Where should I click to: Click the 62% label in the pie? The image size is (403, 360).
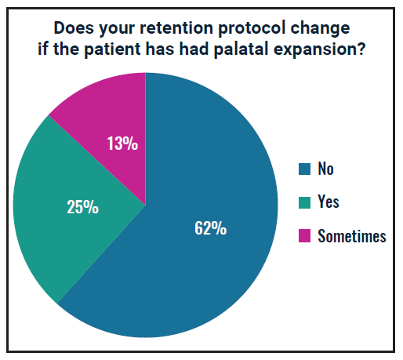click(x=210, y=228)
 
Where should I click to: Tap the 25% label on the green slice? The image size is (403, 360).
click(x=82, y=207)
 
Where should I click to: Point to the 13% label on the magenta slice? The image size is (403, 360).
click(x=122, y=144)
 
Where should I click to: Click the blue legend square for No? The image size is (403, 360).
click(x=304, y=169)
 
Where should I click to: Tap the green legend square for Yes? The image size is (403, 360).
click(x=304, y=202)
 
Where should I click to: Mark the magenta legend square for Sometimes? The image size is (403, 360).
click(x=304, y=236)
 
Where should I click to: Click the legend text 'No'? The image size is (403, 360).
click(x=325, y=169)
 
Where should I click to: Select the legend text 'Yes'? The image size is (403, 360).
click(x=329, y=202)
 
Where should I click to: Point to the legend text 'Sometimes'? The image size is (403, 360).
click(x=352, y=236)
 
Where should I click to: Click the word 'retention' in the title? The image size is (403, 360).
click(x=176, y=27)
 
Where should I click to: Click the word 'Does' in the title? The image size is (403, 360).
click(x=74, y=27)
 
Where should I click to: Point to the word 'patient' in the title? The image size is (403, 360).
click(x=112, y=49)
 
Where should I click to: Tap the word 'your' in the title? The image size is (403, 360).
click(x=117, y=29)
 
